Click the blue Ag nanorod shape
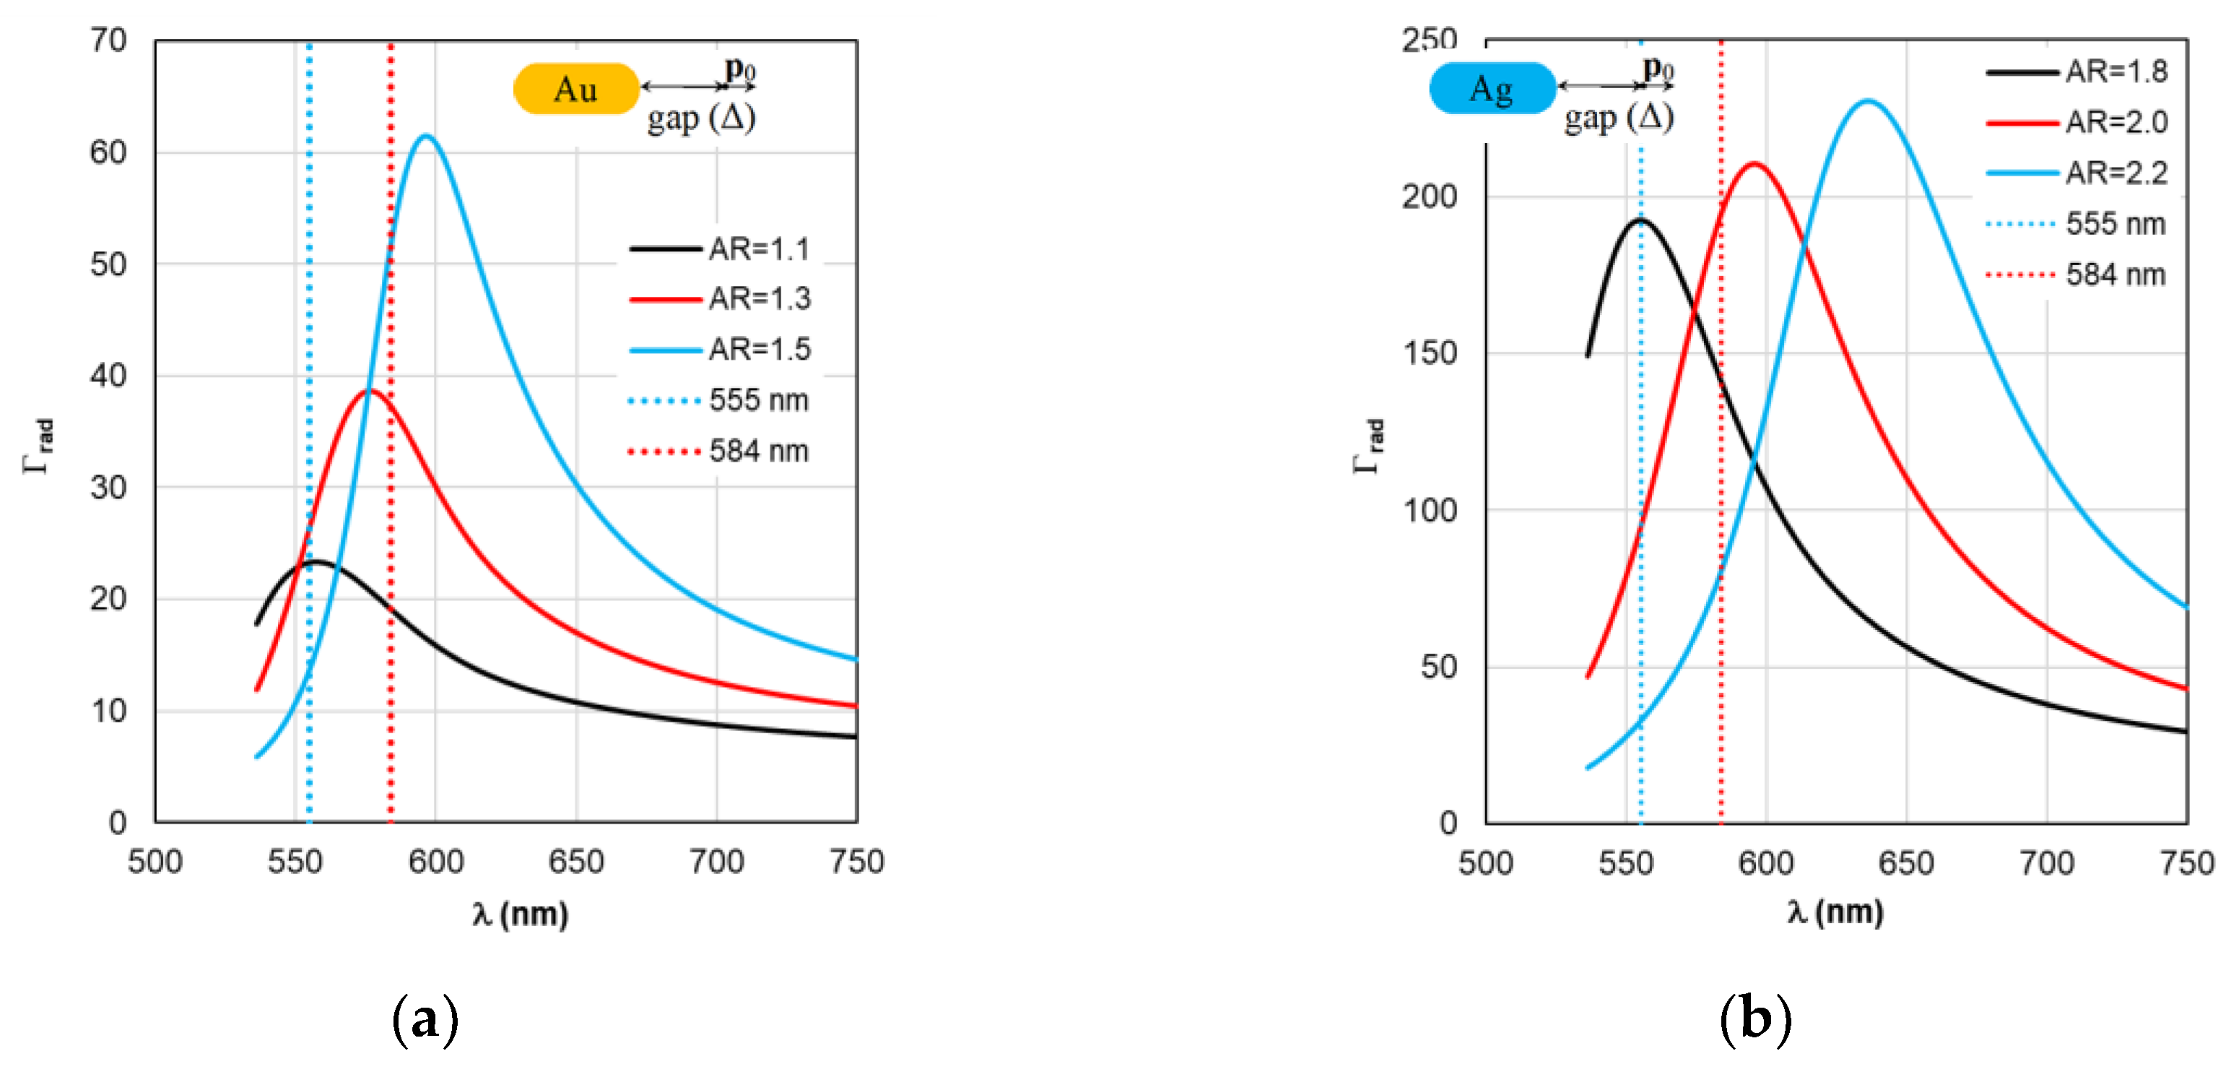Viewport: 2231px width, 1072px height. coord(1492,88)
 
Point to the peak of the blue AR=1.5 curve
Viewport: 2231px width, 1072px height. coord(425,135)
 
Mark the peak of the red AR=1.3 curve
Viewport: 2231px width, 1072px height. coord(370,391)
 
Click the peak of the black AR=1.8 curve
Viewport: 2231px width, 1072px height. coord(1640,220)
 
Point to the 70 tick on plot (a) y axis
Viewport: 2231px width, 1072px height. coord(108,40)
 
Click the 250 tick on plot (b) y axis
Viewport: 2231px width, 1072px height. coord(1429,40)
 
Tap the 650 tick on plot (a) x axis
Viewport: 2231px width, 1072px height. coord(576,861)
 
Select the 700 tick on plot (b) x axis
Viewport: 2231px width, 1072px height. coord(2046,863)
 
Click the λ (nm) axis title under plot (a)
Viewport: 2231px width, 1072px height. coord(521,915)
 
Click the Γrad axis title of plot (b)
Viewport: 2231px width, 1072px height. coord(1369,446)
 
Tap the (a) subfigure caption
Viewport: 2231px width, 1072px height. coord(425,1020)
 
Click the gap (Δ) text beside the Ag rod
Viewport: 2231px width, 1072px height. coord(1618,118)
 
